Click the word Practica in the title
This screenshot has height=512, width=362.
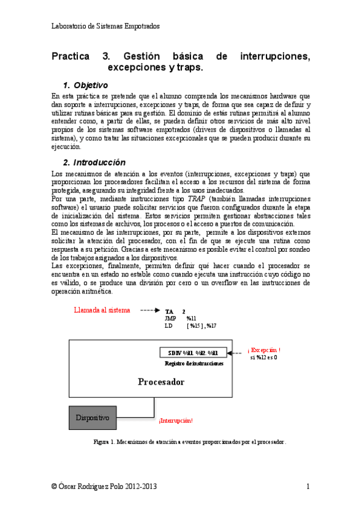click(x=73, y=57)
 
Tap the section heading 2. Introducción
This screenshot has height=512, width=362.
click(x=94, y=162)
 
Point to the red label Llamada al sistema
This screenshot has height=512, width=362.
click(x=102, y=310)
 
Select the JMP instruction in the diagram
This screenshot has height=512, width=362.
click(x=170, y=318)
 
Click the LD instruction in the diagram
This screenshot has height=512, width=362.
click(x=169, y=325)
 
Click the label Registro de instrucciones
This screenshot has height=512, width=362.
click(x=194, y=363)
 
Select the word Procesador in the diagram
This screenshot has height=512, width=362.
click(x=161, y=382)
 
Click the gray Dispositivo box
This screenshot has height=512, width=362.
click(x=92, y=417)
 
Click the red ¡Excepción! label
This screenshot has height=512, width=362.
click(x=264, y=350)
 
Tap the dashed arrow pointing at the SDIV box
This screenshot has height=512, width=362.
click(x=236, y=353)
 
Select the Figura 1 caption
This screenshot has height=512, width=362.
click(x=190, y=442)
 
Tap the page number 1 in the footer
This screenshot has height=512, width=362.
click(x=308, y=486)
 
